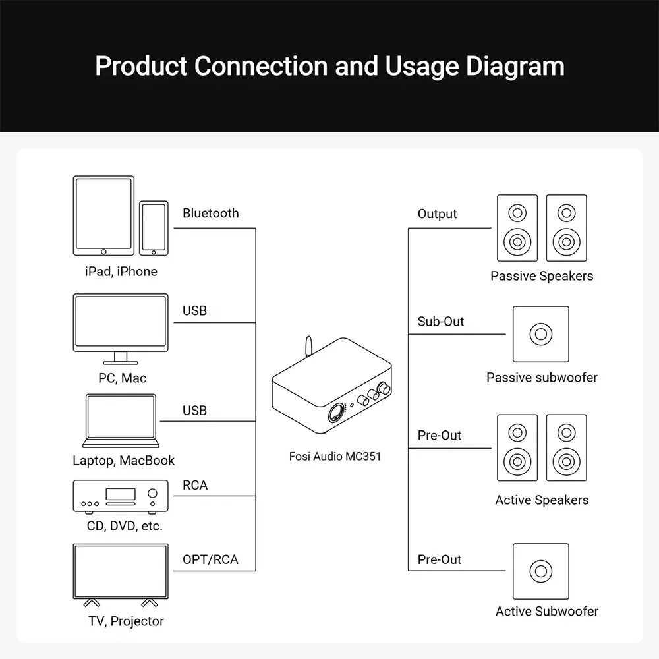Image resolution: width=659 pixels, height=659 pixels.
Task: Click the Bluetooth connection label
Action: point(210,213)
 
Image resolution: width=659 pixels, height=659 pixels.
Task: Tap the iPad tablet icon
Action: point(103,215)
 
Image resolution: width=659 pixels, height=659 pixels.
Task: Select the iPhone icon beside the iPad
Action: point(154,227)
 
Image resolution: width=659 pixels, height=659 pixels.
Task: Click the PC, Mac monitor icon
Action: point(121,327)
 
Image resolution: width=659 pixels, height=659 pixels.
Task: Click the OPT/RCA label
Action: point(210,560)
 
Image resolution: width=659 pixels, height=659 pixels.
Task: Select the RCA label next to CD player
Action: point(195,485)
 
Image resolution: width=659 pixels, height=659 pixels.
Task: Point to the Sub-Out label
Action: point(441,322)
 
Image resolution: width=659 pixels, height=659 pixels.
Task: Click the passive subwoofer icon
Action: point(540,334)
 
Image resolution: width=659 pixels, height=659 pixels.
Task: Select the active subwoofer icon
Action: point(540,571)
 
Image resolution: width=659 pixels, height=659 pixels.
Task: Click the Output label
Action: point(437,214)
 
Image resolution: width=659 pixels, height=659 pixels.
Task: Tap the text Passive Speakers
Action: point(542,276)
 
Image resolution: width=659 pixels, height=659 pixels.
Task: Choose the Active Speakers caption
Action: point(542,500)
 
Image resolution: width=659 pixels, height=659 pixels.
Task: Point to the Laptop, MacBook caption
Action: point(124,461)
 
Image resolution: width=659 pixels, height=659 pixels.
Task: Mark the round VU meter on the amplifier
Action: point(335,414)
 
